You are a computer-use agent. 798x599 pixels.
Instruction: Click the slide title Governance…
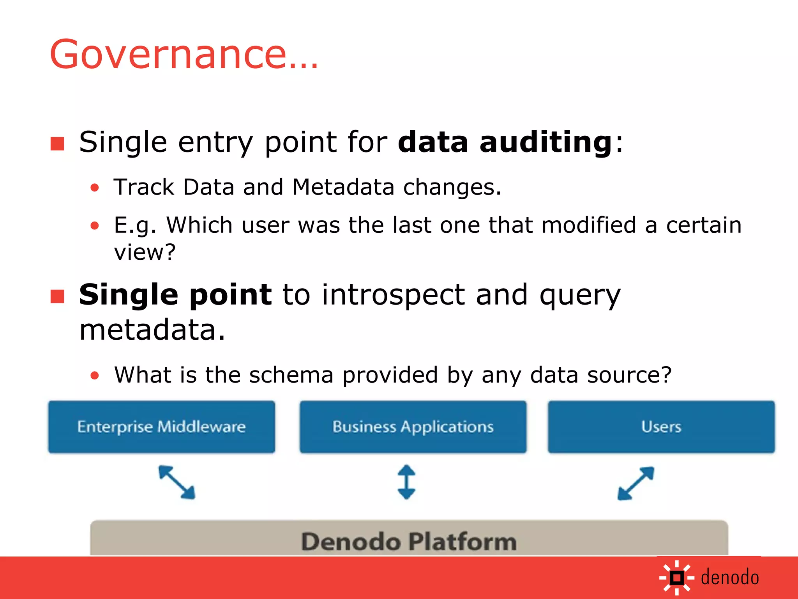pos(184,55)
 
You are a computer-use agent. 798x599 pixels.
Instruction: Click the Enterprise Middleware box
pos(161,427)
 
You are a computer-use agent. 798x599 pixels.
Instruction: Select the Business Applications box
pos(413,427)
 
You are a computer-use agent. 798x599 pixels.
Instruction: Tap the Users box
pos(661,427)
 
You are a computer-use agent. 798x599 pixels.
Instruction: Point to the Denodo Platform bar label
pos(409,541)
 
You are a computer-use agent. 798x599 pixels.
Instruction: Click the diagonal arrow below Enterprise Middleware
pos(177,482)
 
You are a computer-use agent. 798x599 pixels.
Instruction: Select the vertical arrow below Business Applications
pos(406,482)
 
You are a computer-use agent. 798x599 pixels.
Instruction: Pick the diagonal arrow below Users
pos(636,483)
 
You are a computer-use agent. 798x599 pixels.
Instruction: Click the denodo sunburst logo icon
pos(677,578)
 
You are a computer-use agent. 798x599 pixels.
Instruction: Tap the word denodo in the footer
pos(729,578)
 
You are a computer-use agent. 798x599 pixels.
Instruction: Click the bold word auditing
pos(546,142)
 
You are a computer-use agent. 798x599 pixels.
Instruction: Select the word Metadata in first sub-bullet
pos(343,187)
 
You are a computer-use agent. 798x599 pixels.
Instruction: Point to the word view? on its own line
pos(145,252)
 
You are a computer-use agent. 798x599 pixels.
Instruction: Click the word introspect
pos(393,296)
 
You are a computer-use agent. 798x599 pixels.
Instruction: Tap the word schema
pos(291,375)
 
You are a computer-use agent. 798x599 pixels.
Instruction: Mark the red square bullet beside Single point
pos(57,296)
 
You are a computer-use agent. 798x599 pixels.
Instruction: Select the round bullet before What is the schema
pos(95,376)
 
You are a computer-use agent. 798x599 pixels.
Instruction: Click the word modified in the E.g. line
pos(588,225)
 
